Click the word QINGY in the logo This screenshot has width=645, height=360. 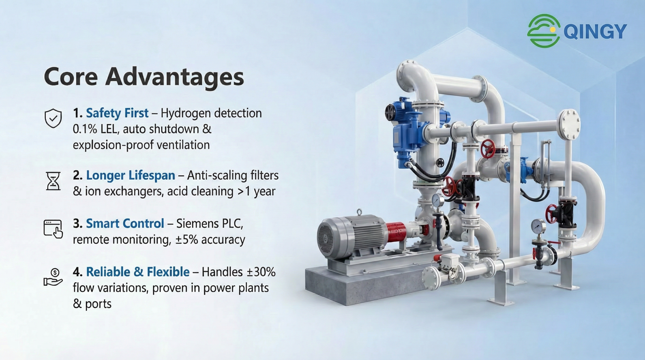click(x=595, y=31)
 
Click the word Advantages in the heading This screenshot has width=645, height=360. click(x=175, y=77)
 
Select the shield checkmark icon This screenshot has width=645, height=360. click(x=53, y=118)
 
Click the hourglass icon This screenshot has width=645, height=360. click(x=53, y=181)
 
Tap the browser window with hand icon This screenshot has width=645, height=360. click(x=53, y=229)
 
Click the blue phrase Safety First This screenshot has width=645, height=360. click(x=117, y=113)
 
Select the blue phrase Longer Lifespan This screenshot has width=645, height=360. click(x=131, y=175)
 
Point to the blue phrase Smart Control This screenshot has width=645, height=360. click(x=125, y=223)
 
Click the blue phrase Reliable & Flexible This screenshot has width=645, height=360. click(x=137, y=272)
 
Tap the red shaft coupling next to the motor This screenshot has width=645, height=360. click(x=396, y=233)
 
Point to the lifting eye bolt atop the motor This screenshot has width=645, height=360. click(x=359, y=212)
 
